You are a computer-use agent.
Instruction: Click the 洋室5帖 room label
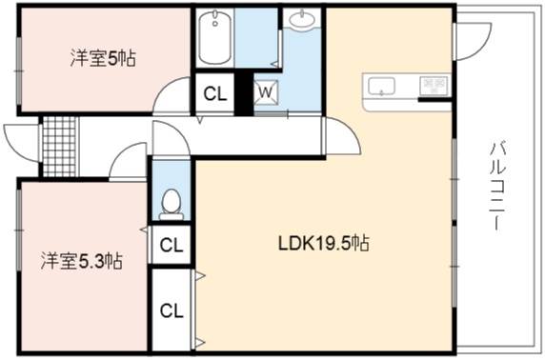(x=103, y=58)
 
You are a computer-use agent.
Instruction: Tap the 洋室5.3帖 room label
(x=82, y=261)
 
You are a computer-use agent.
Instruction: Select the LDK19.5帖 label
(x=324, y=243)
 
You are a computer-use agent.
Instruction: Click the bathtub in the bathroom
(x=215, y=37)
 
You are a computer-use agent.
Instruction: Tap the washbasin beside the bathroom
(x=302, y=20)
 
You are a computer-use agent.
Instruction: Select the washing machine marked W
(x=266, y=92)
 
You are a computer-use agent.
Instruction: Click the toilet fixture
(x=171, y=205)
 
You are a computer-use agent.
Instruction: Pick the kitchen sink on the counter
(x=381, y=86)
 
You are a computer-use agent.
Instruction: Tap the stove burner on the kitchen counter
(x=434, y=85)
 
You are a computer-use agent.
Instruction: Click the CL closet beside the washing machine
(x=214, y=93)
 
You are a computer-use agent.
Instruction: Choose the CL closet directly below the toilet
(x=172, y=245)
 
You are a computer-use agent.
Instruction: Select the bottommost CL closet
(x=172, y=310)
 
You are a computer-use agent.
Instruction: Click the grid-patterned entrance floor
(x=59, y=147)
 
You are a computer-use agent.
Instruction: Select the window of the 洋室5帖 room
(x=19, y=70)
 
